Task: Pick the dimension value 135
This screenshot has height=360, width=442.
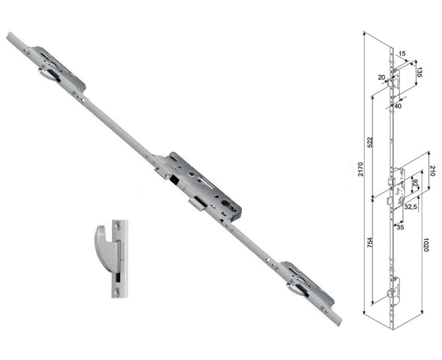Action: tap(419, 72)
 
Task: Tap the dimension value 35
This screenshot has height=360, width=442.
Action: tap(400, 227)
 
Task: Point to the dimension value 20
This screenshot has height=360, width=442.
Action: tap(381, 77)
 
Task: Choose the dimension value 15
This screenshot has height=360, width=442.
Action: tap(401, 54)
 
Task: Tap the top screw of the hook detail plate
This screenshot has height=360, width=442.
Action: tap(119, 224)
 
